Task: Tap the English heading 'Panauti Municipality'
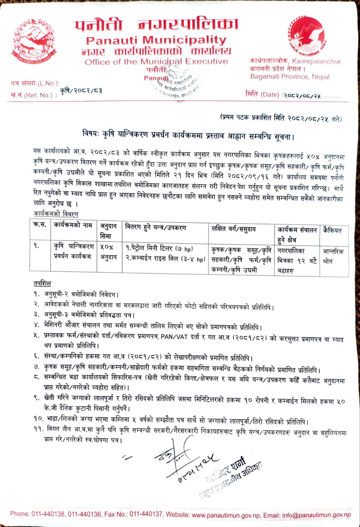tap(156, 40)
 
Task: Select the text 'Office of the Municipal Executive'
tap(156, 62)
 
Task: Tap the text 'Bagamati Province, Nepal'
tap(290, 77)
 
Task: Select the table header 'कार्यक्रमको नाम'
tap(73, 226)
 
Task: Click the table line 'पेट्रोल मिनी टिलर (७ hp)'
tap(159, 249)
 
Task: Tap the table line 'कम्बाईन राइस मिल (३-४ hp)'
tap(165, 259)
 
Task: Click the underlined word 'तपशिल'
tap(42, 284)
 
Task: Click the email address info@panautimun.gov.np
tap(317, 515)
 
